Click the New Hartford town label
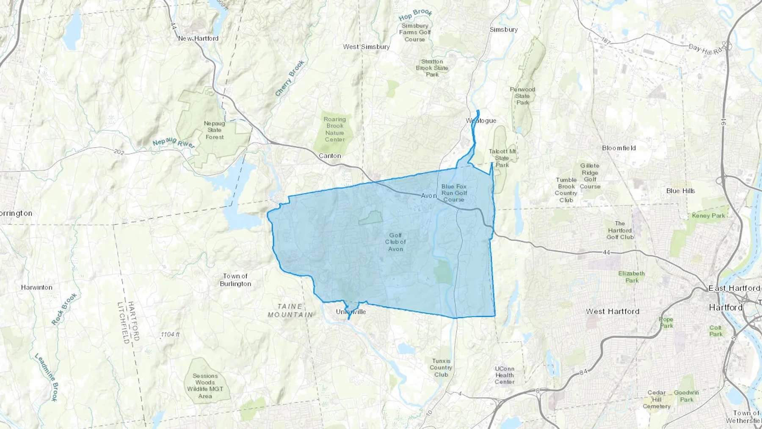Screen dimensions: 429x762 click(x=198, y=39)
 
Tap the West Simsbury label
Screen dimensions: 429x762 click(x=366, y=47)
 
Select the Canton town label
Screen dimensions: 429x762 click(x=330, y=156)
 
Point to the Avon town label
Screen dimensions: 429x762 click(x=428, y=196)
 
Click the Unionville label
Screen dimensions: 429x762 click(x=351, y=312)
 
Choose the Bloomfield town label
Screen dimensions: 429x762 click(x=619, y=148)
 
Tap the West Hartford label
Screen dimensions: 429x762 click(x=613, y=311)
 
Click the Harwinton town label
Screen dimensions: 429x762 click(x=37, y=288)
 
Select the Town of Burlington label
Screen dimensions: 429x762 click(x=235, y=280)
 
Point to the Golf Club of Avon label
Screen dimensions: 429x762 click(x=395, y=242)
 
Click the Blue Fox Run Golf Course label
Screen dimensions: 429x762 click(x=454, y=193)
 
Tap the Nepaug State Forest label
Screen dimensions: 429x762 click(x=215, y=130)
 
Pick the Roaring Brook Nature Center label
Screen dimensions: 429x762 click(x=335, y=129)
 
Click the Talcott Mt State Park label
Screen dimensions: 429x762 click(x=502, y=158)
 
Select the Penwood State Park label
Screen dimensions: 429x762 click(x=522, y=96)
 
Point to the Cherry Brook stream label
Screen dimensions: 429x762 click(x=290, y=78)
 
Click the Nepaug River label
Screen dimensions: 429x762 click(x=174, y=143)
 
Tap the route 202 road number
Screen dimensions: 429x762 click(x=119, y=152)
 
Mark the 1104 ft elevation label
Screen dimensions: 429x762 click(x=170, y=335)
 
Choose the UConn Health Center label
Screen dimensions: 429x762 click(x=505, y=375)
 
